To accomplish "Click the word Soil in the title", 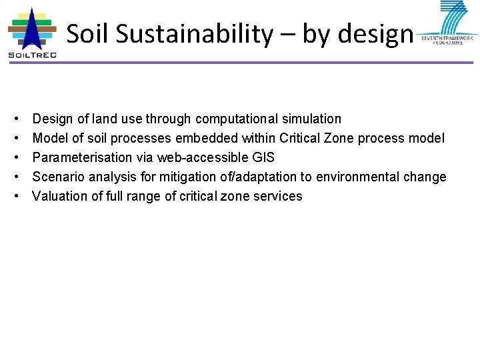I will pyautogui.click(x=89, y=34).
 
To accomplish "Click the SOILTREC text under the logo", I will pyautogui.click(x=32, y=55).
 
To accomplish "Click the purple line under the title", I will pyautogui.click(x=267, y=63).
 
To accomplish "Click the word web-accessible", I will pyautogui.click(x=201, y=158).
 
